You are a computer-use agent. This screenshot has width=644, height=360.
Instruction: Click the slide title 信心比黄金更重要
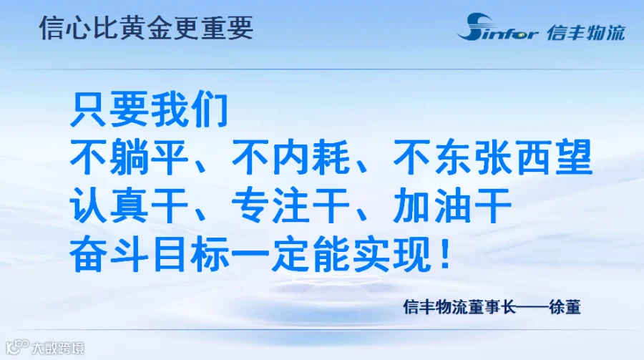(146, 27)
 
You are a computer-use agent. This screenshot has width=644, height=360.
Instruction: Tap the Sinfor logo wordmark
(497, 27)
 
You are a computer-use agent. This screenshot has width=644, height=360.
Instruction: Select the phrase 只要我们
(149, 110)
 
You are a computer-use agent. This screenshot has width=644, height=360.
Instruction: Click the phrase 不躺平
(129, 157)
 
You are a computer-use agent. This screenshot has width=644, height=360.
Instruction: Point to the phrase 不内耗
(291, 157)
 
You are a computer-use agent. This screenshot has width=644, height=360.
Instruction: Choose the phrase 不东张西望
(492, 157)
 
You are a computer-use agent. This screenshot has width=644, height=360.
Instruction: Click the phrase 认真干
(129, 205)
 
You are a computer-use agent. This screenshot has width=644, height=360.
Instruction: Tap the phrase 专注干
(291, 205)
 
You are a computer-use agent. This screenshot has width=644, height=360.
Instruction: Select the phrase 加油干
(452, 205)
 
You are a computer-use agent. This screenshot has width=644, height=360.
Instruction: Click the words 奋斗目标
(149, 254)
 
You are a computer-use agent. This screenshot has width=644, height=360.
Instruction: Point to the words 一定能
(290, 254)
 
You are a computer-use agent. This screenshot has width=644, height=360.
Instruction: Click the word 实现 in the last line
(391, 254)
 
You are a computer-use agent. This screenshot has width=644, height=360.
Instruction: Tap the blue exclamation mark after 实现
(445, 254)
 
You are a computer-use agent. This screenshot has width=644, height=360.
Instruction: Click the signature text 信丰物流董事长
(459, 307)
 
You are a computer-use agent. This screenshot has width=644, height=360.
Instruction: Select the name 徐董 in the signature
(565, 307)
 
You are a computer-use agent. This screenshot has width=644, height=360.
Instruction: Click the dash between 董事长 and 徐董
(532, 307)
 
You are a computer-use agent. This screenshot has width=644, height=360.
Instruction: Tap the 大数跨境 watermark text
(58, 349)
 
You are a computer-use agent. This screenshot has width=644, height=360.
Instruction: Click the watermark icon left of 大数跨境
(18, 347)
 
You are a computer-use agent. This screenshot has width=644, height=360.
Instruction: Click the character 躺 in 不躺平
(129, 157)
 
